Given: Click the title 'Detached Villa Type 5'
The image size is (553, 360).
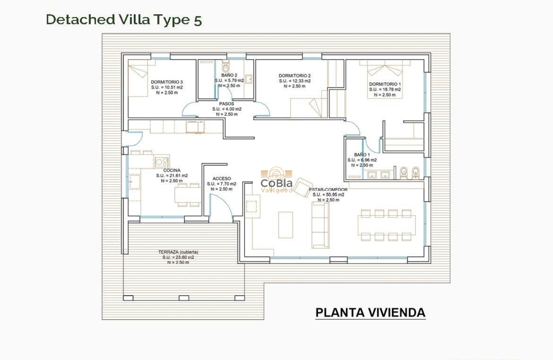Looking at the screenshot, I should pyautogui.click(x=123, y=20).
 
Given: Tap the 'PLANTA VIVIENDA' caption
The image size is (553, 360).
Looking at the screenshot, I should pyautogui.click(x=370, y=312).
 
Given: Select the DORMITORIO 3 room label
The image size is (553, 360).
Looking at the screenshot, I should pyautogui.click(x=167, y=82).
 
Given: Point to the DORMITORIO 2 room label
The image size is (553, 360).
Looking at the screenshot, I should pyautogui.click(x=295, y=76).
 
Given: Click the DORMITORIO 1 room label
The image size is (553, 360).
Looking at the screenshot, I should pyautogui.click(x=385, y=84).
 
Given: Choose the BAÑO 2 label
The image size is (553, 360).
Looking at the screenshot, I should pyautogui.click(x=229, y=75).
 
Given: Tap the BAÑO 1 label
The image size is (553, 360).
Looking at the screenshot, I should pyautogui.click(x=362, y=155).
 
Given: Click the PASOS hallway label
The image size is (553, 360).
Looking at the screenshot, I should pyautogui.click(x=226, y=104).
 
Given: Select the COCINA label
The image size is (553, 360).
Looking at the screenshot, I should pyautogui.click(x=172, y=170).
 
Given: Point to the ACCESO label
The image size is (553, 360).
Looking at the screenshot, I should pyautogui.click(x=222, y=179).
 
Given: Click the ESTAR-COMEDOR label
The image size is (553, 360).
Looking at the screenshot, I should pyautogui.click(x=328, y=189).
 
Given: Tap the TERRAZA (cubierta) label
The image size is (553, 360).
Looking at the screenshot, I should pyautogui.click(x=178, y=252).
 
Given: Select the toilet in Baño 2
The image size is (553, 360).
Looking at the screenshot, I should pyautogui.click(x=226, y=67).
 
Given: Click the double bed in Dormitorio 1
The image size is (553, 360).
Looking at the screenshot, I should pyautogui.click(x=385, y=79).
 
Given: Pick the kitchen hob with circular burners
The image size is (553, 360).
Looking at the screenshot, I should pyautogui.click(x=162, y=162).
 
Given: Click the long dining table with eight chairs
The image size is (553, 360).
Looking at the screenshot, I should pyautogui.click(x=386, y=225).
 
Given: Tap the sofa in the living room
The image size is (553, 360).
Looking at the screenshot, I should pyautogui.click(x=320, y=225).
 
